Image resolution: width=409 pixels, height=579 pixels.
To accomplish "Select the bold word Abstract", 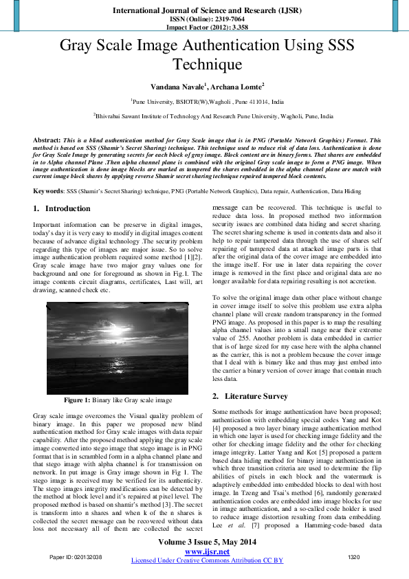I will (46, 140).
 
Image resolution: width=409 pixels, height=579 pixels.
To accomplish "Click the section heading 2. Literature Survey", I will (250, 396).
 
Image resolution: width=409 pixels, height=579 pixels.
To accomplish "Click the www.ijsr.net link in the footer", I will (207, 551).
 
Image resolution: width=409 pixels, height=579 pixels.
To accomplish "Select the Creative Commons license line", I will (207, 560).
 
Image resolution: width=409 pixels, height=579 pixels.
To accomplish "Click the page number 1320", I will (354, 556).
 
